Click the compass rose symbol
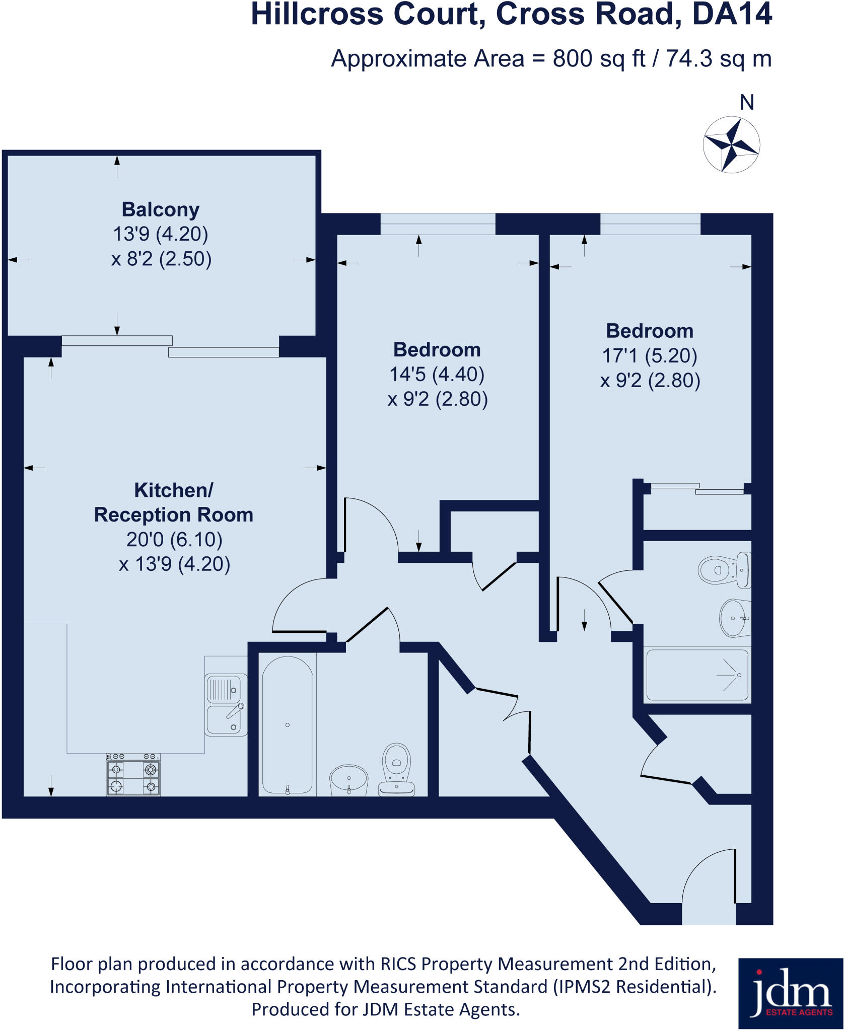731,145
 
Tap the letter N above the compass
747,103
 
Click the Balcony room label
161,209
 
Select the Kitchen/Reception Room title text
174,502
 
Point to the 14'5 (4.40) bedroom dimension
437,375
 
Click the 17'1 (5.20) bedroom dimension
650,356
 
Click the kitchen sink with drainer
226,705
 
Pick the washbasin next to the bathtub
348,780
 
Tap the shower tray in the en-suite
697,675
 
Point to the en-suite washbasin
734,618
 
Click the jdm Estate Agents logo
791,993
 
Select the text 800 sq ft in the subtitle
599,59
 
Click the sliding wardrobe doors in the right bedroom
697,488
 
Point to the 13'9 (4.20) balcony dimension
161,234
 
